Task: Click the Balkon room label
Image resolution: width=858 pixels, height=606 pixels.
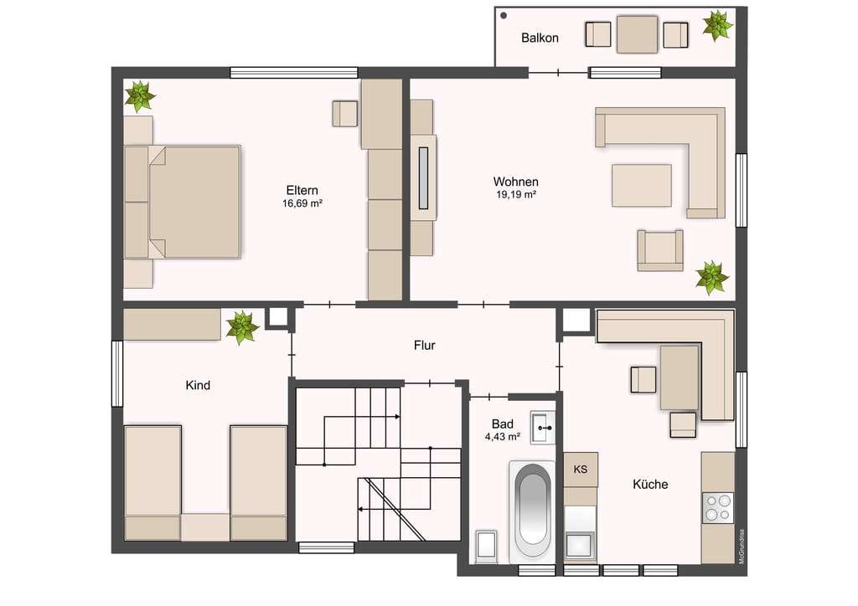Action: click(x=540, y=38)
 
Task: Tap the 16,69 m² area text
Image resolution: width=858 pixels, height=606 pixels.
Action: click(x=302, y=203)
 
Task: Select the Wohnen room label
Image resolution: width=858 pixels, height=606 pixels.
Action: click(x=515, y=182)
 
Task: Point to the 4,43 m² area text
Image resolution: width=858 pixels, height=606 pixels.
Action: click(x=503, y=437)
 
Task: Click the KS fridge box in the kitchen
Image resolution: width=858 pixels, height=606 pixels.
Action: click(x=581, y=469)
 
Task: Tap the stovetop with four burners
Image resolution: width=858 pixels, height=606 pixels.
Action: click(x=718, y=507)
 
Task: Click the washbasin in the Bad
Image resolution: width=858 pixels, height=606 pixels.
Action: click(x=543, y=428)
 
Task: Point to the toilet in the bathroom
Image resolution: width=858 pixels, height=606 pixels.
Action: click(x=486, y=546)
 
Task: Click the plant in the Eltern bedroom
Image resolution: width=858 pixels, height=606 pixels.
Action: click(x=140, y=96)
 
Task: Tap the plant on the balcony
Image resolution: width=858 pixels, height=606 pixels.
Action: click(x=717, y=25)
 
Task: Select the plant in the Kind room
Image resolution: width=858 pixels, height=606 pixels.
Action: click(x=242, y=327)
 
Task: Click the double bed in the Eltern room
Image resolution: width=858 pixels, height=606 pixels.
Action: click(x=183, y=202)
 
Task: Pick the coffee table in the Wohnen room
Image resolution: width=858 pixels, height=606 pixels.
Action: click(x=641, y=185)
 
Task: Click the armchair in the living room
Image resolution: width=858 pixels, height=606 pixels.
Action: click(x=660, y=250)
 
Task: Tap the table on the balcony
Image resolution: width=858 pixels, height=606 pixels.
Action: click(x=637, y=34)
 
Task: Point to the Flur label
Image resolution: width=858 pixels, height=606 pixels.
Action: click(x=424, y=346)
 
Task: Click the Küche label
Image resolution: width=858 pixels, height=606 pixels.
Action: click(x=650, y=484)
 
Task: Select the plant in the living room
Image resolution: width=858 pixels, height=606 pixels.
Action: click(x=712, y=278)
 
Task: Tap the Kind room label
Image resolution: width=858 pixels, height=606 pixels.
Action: click(x=198, y=385)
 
